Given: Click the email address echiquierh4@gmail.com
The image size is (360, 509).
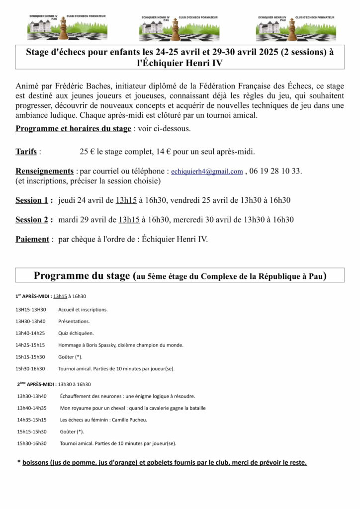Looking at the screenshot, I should [207, 171].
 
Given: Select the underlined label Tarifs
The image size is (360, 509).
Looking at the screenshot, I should [26, 151].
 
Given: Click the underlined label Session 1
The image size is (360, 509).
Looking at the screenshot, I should [34, 200].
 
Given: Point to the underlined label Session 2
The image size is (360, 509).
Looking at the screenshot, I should [34, 219].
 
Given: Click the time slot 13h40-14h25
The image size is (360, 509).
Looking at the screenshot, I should [30, 333].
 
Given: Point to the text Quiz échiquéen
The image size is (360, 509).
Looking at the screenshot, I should [76, 333].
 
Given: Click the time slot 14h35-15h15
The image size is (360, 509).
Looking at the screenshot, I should [32, 420].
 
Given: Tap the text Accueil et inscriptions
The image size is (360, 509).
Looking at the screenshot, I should [83, 309].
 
